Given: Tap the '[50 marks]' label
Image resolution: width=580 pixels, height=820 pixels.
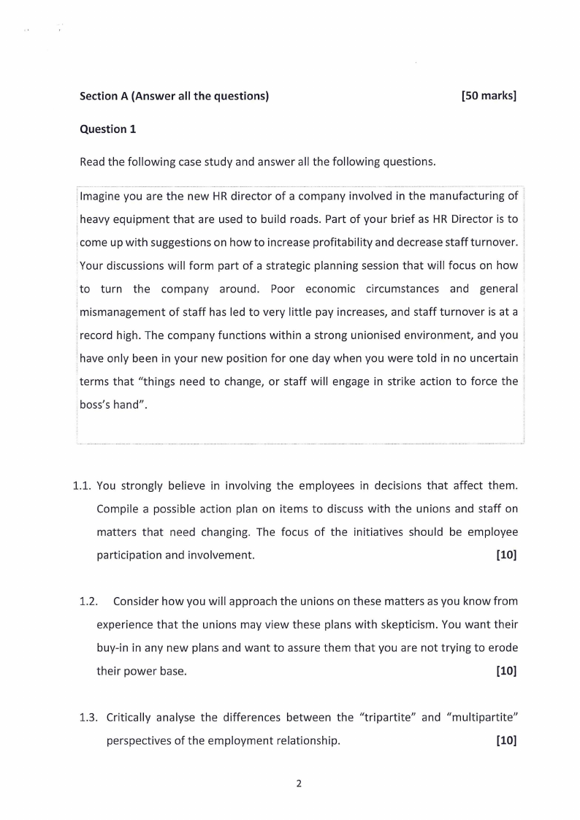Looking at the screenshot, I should pos(489,96).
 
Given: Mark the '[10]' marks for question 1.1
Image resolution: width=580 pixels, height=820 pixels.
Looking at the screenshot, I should pos(505,555).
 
